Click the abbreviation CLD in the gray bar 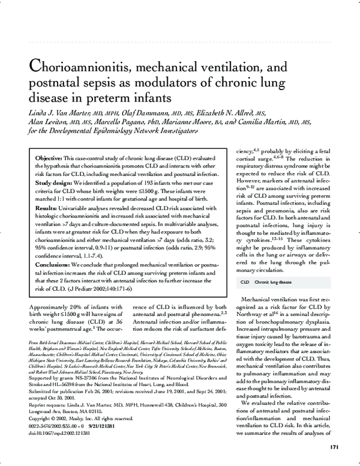(245, 281)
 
